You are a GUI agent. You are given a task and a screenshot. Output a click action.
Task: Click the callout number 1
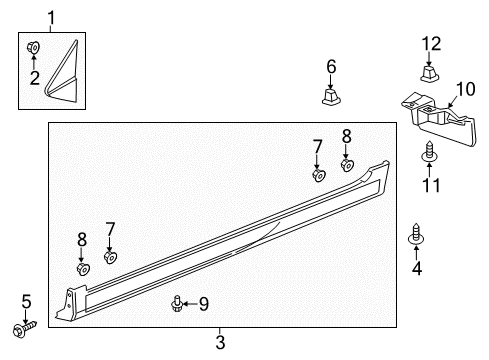52,16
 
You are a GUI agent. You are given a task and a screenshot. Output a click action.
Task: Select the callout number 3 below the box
220,343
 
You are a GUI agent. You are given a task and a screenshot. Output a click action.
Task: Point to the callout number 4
417,269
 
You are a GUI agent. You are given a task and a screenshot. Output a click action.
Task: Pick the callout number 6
330,67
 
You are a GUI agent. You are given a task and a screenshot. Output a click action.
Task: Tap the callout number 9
203,303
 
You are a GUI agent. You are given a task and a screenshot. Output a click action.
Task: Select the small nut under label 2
32,47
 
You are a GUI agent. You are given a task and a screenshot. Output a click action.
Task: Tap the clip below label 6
330,96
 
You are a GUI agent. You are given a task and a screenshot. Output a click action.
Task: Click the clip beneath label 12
429,72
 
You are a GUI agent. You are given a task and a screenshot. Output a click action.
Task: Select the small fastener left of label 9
178,302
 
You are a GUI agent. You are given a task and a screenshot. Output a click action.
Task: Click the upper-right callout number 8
347,135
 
